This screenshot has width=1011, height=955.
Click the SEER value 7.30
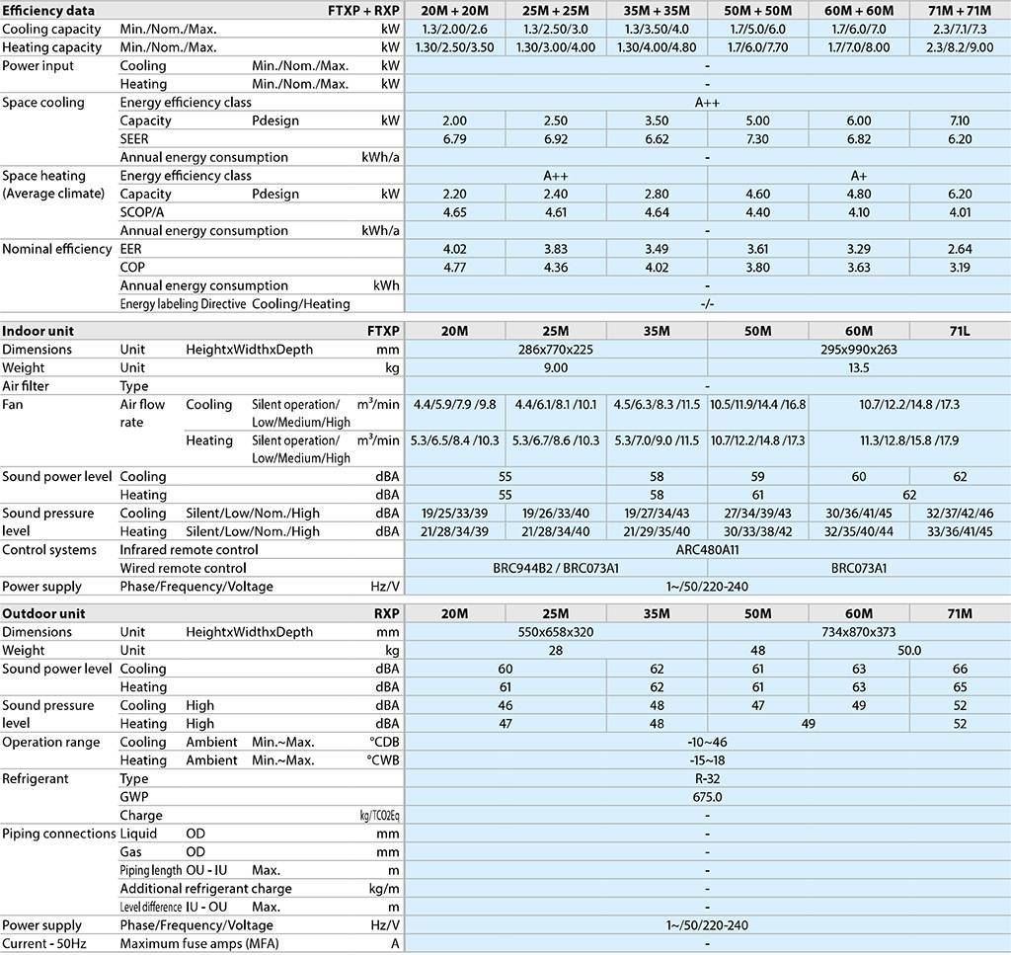757,139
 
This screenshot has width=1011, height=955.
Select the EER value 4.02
455,249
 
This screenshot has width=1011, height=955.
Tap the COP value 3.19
959,268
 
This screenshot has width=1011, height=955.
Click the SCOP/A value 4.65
455,212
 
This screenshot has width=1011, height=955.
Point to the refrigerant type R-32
708,779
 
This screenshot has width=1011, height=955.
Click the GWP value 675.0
708,797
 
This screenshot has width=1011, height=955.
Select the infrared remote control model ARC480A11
708,550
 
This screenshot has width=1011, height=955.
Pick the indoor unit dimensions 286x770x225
556,350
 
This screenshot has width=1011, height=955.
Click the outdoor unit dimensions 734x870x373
859,632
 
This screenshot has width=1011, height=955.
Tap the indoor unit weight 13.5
859,367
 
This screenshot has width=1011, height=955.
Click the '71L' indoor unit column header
959,331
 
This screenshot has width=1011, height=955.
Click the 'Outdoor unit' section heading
44,613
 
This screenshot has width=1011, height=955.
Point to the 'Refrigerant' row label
36,779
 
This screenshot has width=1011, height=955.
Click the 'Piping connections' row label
59,834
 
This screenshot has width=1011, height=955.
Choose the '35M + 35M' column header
657,11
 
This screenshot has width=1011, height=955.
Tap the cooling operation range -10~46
708,742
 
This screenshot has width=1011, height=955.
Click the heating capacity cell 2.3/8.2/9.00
959,47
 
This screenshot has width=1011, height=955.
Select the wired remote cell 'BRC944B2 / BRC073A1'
556,569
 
